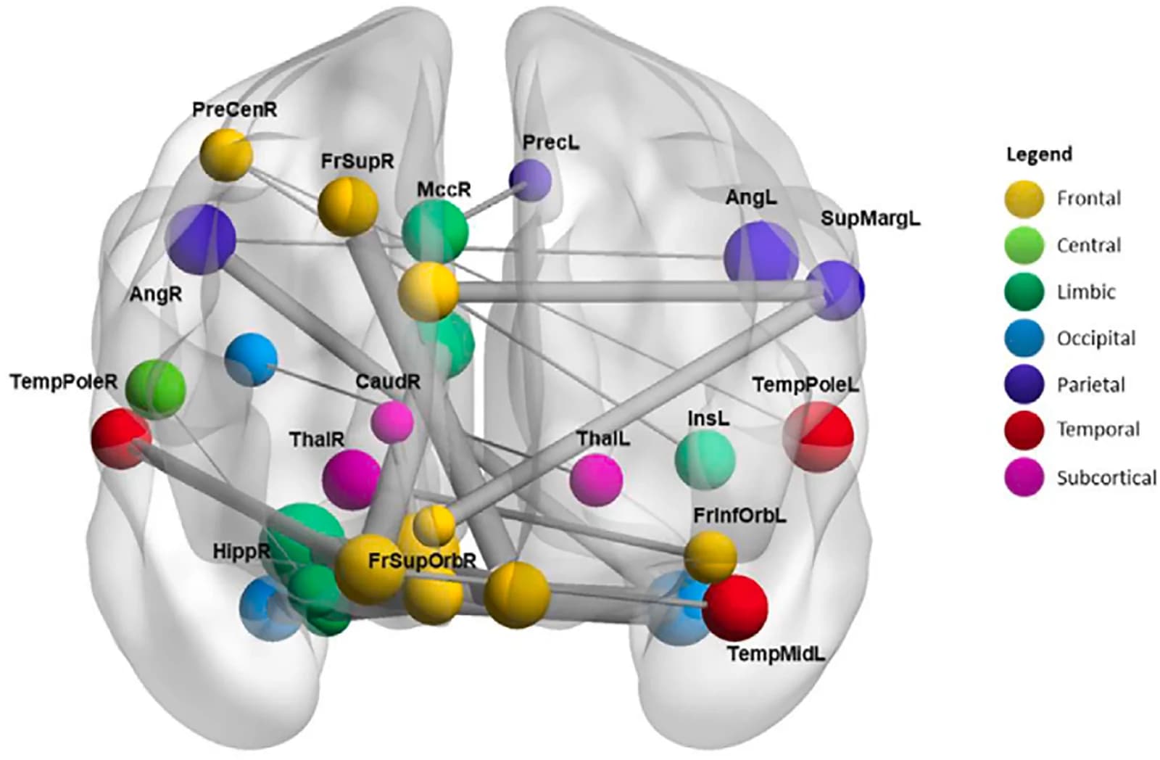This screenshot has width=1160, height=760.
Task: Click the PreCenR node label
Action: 235,110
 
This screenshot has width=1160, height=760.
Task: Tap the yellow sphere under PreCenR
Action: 226,155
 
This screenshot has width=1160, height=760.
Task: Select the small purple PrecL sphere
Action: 530,181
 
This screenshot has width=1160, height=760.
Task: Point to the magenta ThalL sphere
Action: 596,480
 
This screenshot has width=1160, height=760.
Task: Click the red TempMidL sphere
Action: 735,607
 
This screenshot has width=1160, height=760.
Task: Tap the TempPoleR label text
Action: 64,382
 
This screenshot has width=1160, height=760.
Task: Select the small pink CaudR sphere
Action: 392,422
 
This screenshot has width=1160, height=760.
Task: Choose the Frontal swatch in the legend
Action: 1024,199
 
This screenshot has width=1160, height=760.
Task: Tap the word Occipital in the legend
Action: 1097,338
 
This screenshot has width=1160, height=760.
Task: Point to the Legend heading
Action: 1039,154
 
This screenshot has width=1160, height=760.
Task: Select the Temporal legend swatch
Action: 1024,429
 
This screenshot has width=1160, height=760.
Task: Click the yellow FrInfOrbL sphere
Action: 710,556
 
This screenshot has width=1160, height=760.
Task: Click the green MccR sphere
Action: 435,231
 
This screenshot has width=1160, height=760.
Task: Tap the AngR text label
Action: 155,294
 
